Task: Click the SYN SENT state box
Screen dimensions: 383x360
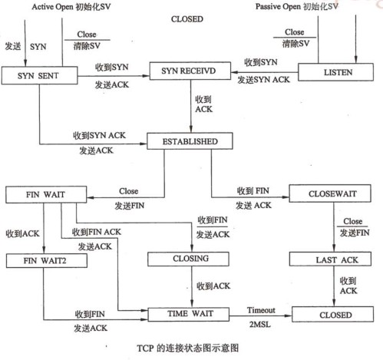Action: pyautogui.click(x=39, y=75)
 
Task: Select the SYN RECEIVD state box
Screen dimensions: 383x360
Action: pyautogui.click(x=190, y=71)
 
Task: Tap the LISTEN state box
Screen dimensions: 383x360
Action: pyautogui.click(x=335, y=72)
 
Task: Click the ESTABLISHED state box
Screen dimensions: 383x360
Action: pyautogui.click(x=190, y=141)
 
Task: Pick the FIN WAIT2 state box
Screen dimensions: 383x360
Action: pyautogui.click(x=47, y=261)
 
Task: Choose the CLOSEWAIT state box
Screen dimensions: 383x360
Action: pyautogui.click(x=330, y=193)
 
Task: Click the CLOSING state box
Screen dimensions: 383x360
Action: pyautogui.click(x=188, y=259)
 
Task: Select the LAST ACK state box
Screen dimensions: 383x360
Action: pyautogui.click(x=330, y=259)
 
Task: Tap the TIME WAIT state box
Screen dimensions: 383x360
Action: pyautogui.click(x=189, y=314)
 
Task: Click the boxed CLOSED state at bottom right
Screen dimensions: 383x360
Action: pyautogui.click(x=332, y=314)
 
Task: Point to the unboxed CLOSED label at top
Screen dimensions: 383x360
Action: pyautogui.click(x=187, y=19)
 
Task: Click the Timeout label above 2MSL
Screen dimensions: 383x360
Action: pyautogui.click(x=261, y=310)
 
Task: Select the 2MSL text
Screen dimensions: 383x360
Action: pyautogui.click(x=260, y=325)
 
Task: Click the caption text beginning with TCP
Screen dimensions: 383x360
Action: pyautogui.click(x=188, y=348)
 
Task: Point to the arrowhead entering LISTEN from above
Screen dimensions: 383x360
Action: pyautogui.click(x=355, y=60)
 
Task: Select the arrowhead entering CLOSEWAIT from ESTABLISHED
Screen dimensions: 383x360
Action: pyautogui.click(x=286, y=197)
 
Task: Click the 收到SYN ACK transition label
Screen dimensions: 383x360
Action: pyautogui.click(x=99, y=135)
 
